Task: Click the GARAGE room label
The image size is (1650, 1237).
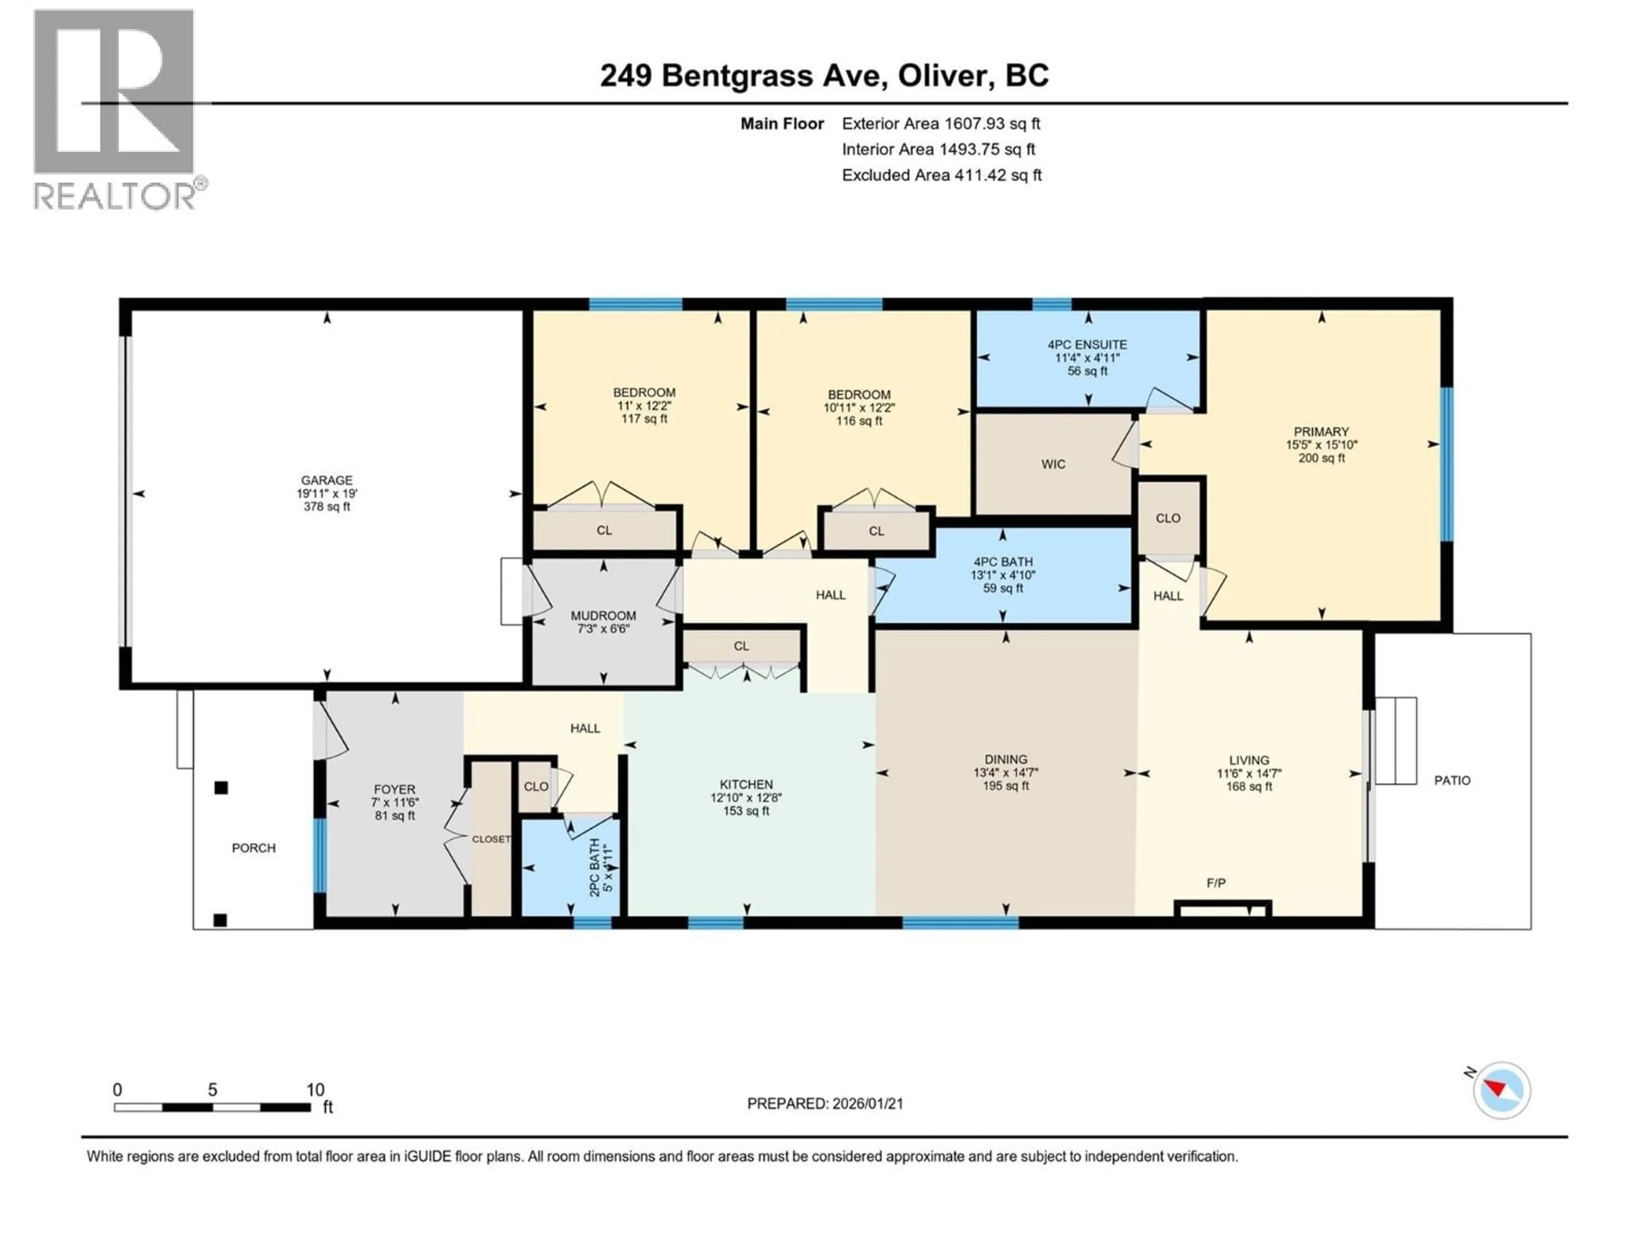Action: [x=327, y=480]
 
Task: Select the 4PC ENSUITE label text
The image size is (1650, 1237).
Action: [x=1087, y=344]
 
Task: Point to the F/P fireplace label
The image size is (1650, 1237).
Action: [x=1216, y=883]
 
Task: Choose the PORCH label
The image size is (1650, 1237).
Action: [x=254, y=848]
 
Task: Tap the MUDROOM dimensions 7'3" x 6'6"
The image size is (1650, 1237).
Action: [x=603, y=628]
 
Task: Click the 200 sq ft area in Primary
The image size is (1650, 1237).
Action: [x=1321, y=458]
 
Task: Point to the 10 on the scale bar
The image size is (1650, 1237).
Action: [x=315, y=1089]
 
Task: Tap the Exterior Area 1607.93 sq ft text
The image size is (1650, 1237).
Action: [x=941, y=124]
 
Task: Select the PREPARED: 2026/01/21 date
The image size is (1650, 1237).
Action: [x=825, y=1103]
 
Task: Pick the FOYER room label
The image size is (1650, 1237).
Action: [x=394, y=789]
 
